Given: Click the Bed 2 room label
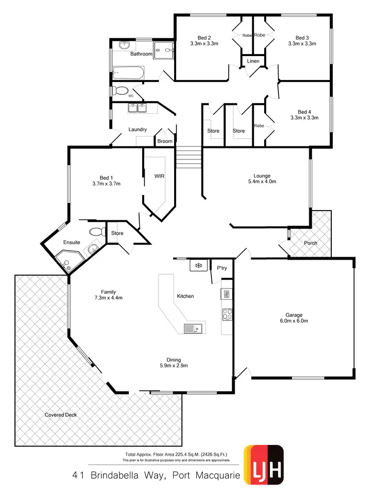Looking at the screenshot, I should [204, 38].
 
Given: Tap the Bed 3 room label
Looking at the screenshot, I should [302, 38].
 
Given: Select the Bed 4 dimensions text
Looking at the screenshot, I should [304, 118].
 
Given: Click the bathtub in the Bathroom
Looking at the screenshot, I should [128, 74].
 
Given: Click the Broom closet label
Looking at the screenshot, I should [165, 141].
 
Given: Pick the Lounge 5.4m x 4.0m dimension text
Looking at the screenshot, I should [262, 182].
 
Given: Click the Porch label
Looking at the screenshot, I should [310, 243].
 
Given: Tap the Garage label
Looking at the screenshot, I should [294, 315].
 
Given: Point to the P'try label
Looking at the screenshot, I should [222, 268].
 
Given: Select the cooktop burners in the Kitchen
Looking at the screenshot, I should [227, 314].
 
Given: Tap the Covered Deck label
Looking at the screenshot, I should [61, 415].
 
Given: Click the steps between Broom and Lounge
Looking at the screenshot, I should [188, 158].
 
